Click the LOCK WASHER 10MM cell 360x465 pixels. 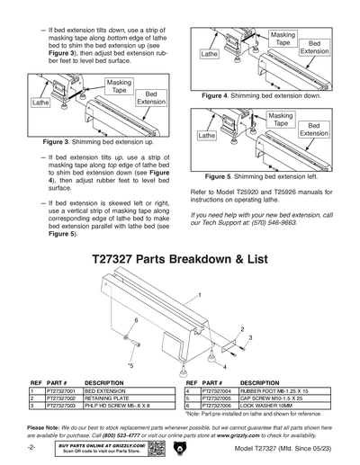(269, 407)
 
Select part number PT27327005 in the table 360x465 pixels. (217, 398)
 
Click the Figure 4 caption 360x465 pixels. (262, 94)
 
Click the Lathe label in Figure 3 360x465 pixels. (40, 103)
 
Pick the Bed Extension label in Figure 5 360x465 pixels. (314, 128)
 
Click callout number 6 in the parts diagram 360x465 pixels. (136, 319)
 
